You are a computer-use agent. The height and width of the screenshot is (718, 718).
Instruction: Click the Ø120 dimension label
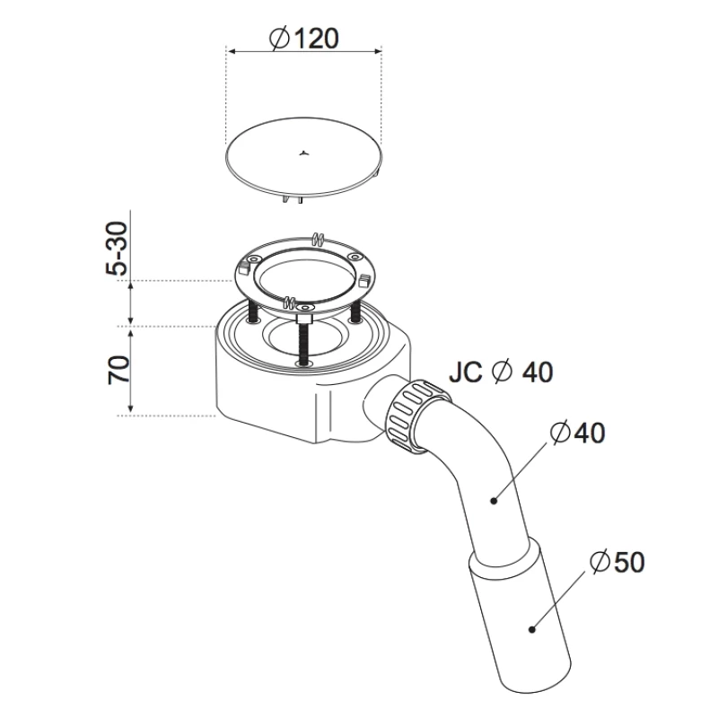click(x=304, y=39)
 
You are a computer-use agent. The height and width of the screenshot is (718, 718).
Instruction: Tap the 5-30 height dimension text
click(x=117, y=249)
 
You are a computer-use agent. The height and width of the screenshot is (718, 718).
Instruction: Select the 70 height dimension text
click(x=118, y=369)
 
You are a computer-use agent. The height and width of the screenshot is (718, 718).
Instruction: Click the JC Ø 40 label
click(x=501, y=372)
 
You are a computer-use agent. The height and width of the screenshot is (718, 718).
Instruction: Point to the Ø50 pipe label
click(x=617, y=562)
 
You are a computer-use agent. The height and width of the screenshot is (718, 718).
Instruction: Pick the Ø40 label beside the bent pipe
click(x=577, y=433)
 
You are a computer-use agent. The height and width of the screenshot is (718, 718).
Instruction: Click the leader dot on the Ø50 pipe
click(x=531, y=630)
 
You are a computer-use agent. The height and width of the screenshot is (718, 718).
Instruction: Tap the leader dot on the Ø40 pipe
click(x=494, y=501)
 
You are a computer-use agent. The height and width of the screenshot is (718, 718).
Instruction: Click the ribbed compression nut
click(x=418, y=416)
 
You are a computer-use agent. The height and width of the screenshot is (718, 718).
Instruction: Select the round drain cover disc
click(x=303, y=157)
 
